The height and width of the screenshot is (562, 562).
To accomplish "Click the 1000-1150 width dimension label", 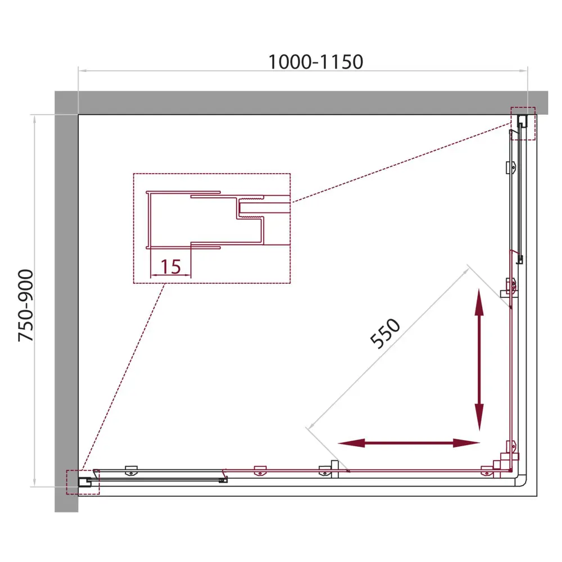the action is (x=315, y=62).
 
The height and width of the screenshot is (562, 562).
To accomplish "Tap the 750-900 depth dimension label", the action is (x=26, y=305).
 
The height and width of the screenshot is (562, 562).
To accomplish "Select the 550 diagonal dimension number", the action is (x=385, y=333).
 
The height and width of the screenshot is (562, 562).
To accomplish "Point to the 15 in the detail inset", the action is (x=171, y=266).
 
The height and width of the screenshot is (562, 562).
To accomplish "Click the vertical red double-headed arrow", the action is (x=479, y=360).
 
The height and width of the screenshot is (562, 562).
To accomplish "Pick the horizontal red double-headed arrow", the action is (x=409, y=443).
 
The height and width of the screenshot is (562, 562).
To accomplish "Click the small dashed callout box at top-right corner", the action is (x=523, y=124).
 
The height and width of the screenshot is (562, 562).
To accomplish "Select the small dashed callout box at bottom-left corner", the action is (x=83, y=482).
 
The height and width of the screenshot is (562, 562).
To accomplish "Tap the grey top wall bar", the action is (x=301, y=102).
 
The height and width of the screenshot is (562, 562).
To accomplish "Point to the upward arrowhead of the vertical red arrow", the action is (x=479, y=302).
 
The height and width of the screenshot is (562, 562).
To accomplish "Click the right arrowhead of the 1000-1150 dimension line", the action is (x=524, y=71).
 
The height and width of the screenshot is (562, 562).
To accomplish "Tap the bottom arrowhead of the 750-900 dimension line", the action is (x=34, y=482).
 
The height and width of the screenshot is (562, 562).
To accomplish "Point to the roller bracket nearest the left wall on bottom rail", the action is (x=131, y=470).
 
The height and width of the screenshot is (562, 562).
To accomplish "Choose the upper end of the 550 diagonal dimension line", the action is (x=468, y=270).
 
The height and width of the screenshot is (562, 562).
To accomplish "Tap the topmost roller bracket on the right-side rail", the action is (x=511, y=167).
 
